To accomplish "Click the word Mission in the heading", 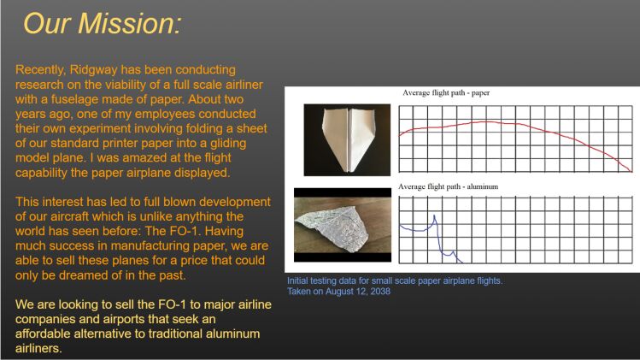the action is point(129,23).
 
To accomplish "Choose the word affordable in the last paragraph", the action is point(44,333).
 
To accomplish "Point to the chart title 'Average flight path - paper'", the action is point(446,92).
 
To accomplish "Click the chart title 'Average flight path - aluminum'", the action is point(448,186).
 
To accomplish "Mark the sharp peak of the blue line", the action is point(434,215).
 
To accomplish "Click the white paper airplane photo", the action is point(347,139).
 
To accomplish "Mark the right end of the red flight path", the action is point(631,171).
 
